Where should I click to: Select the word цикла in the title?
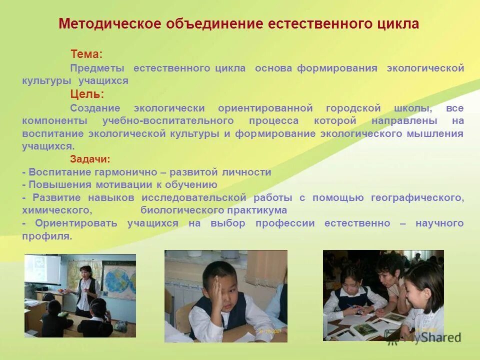click(396, 23)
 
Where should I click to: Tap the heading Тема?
click(86, 54)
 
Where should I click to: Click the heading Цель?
click(87, 94)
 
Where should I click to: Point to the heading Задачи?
click(90, 159)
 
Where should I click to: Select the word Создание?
click(95, 108)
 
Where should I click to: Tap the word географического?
click(417, 197)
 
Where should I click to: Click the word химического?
click(56, 210)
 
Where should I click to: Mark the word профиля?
click(46, 236)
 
